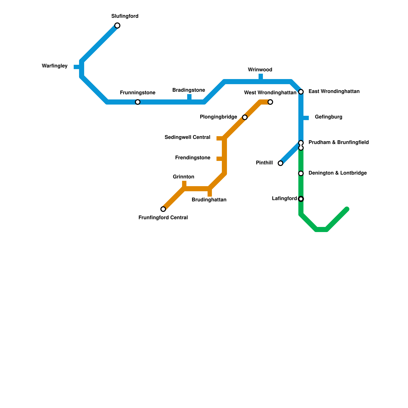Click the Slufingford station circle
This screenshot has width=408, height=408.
117,25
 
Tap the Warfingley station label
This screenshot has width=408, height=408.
55,66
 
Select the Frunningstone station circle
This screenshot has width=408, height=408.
138,102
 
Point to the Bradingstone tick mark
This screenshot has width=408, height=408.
189,97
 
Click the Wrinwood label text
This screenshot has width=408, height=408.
260,70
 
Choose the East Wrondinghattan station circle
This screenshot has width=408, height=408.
301,92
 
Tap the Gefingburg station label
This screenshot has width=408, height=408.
328,117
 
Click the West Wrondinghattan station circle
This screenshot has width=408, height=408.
270,102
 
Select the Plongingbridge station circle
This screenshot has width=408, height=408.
245,117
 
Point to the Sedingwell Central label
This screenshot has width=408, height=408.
187,137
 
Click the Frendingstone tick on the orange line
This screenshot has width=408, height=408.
219,159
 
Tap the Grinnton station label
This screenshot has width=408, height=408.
183,177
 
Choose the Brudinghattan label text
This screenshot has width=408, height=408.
209,200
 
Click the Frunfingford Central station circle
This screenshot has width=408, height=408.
163,209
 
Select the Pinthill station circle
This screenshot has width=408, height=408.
280,163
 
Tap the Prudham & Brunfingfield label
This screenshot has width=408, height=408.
339,142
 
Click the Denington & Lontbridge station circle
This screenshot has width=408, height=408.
301,173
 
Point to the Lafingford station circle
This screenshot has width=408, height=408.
301,199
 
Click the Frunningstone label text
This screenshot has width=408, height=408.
137,93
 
